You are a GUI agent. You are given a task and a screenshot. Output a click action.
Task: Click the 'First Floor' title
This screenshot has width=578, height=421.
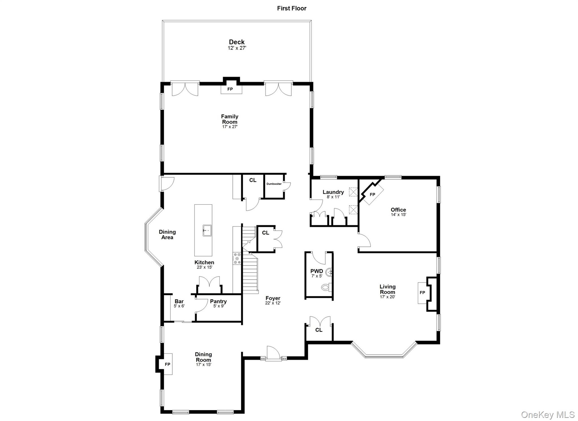pyautogui.click(x=292, y=8)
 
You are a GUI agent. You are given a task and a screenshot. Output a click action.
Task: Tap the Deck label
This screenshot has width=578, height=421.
pyautogui.click(x=237, y=42)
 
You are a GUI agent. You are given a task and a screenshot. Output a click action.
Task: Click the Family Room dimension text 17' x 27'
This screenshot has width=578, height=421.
pyautogui.click(x=230, y=127)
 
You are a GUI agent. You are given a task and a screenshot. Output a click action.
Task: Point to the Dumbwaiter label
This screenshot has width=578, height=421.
pyautogui.click(x=274, y=184)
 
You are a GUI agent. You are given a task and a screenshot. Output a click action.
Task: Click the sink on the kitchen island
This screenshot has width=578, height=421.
pyautogui.click(x=207, y=230)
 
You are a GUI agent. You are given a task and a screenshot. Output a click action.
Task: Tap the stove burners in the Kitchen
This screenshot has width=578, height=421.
pyautogui.click(x=237, y=258)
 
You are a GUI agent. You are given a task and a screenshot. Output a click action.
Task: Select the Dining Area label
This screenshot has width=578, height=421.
pyautogui.click(x=167, y=235)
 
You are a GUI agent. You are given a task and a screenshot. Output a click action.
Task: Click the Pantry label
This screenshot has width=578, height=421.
pyautogui.click(x=218, y=301)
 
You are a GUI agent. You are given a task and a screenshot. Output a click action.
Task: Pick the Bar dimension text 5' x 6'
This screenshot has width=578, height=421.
pyautogui.click(x=179, y=306)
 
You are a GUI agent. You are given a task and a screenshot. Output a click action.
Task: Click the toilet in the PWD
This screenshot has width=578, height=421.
pyautogui.click(x=326, y=287)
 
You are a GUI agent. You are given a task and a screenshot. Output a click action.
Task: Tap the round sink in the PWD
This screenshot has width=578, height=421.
pyautogui.click(x=329, y=273)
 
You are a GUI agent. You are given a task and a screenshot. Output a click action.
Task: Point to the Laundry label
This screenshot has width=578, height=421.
pyautogui.click(x=333, y=192)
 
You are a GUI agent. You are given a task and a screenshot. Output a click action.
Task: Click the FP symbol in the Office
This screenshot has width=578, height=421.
pyautogui.click(x=373, y=195)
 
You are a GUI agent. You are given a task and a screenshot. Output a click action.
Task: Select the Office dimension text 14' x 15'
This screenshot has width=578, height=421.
pyautogui.click(x=398, y=215)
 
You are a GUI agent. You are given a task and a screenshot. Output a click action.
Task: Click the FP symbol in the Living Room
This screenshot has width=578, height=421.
pyautogui.click(x=422, y=293)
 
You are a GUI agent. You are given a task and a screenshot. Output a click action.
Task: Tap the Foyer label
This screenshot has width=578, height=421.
pyautogui.click(x=273, y=298)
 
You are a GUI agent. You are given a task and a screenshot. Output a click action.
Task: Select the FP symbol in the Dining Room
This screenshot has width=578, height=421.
pyautogui.click(x=168, y=364)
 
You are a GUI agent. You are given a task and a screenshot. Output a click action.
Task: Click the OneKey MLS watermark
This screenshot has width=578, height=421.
pyautogui.click(x=548, y=414)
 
